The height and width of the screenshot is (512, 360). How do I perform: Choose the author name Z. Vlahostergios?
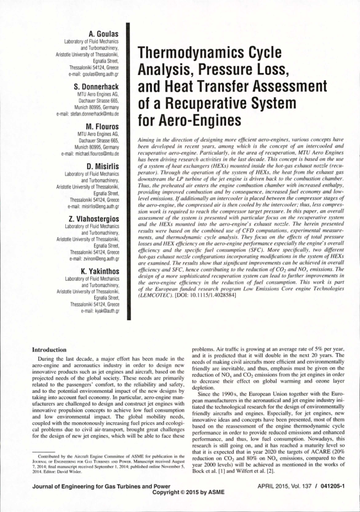click(94, 220)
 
